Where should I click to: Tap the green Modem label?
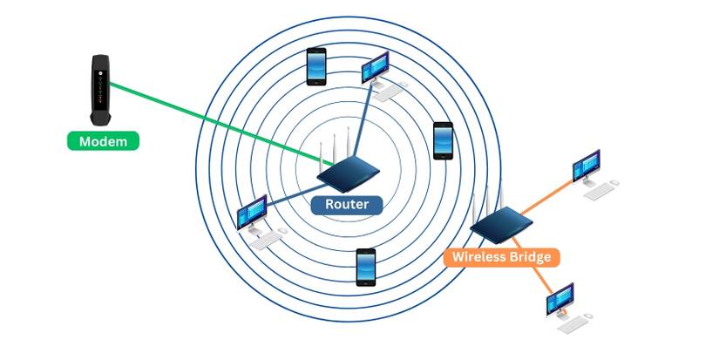point(103,140)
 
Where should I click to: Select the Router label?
point(347,205)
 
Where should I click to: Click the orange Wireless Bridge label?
point(500,257)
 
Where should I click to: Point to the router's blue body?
point(347,173)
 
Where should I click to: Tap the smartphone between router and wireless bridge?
point(444,139)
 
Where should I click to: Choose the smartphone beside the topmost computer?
point(316,65)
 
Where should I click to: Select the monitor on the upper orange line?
point(586,165)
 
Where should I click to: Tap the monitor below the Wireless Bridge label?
point(560,299)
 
